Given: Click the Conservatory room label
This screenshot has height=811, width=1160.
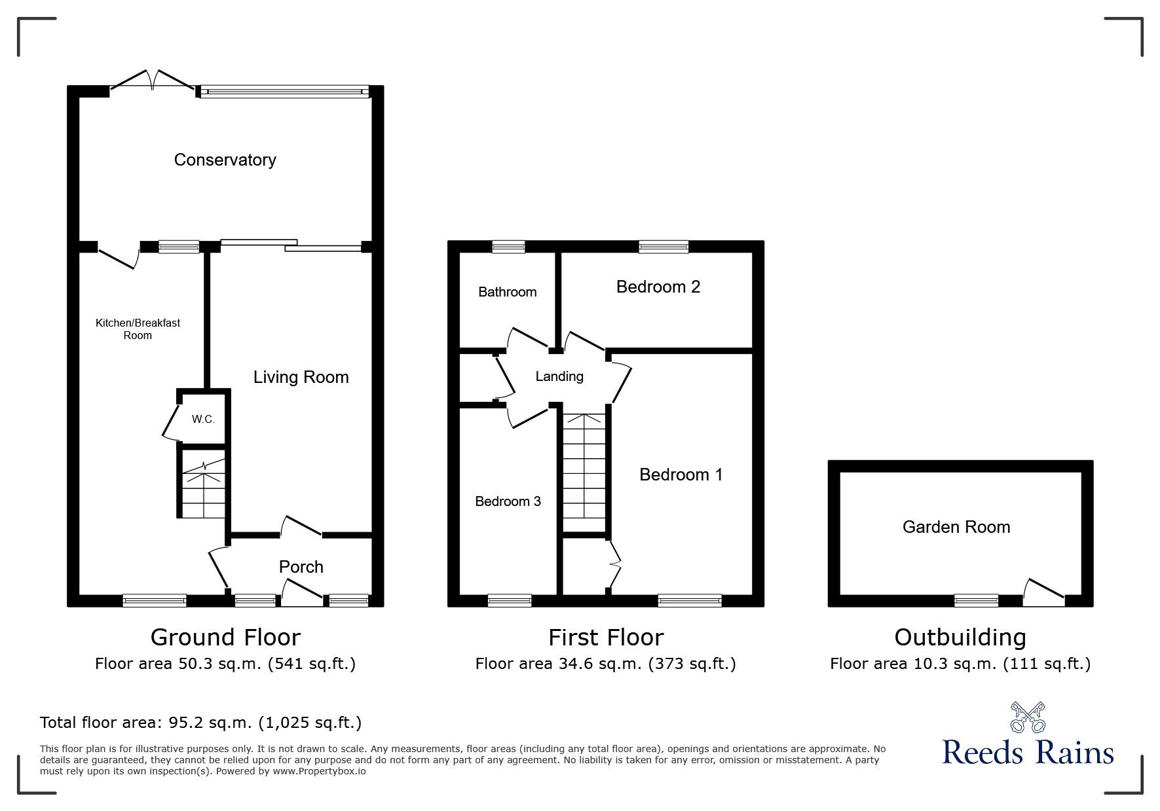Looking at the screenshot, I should (x=225, y=160).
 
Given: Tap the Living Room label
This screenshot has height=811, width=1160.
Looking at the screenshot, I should (x=301, y=377).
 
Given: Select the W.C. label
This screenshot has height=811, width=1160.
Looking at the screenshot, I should (x=203, y=419).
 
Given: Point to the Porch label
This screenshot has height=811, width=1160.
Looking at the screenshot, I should (x=301, y=567).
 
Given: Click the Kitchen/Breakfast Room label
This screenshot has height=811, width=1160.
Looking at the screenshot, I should (x=138, y=329).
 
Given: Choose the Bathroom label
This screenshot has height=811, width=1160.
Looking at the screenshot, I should (x=507, y=292).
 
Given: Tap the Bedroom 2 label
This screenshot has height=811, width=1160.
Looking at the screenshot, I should (x=658, y=287).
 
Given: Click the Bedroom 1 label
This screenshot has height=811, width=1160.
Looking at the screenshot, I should (x=681, y=475).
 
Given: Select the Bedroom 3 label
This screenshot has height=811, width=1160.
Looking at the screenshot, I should (x=508, y=501).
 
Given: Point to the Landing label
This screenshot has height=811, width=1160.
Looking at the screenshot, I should (x=559, y=376).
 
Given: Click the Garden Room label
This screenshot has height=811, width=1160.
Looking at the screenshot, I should (x=956, y=527).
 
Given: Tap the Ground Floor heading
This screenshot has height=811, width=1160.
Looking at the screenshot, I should (x=225, y=637).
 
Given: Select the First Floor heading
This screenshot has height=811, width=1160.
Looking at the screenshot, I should (x=605, y=637).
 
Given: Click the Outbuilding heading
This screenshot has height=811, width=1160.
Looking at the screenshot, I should (x=960, y=637).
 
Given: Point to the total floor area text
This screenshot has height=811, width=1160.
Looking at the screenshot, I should (x=200, y=723).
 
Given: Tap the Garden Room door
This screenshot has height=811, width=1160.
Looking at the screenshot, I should (x=1043, y=590).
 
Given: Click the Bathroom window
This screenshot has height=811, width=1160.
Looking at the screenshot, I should (x=508, y=247).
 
